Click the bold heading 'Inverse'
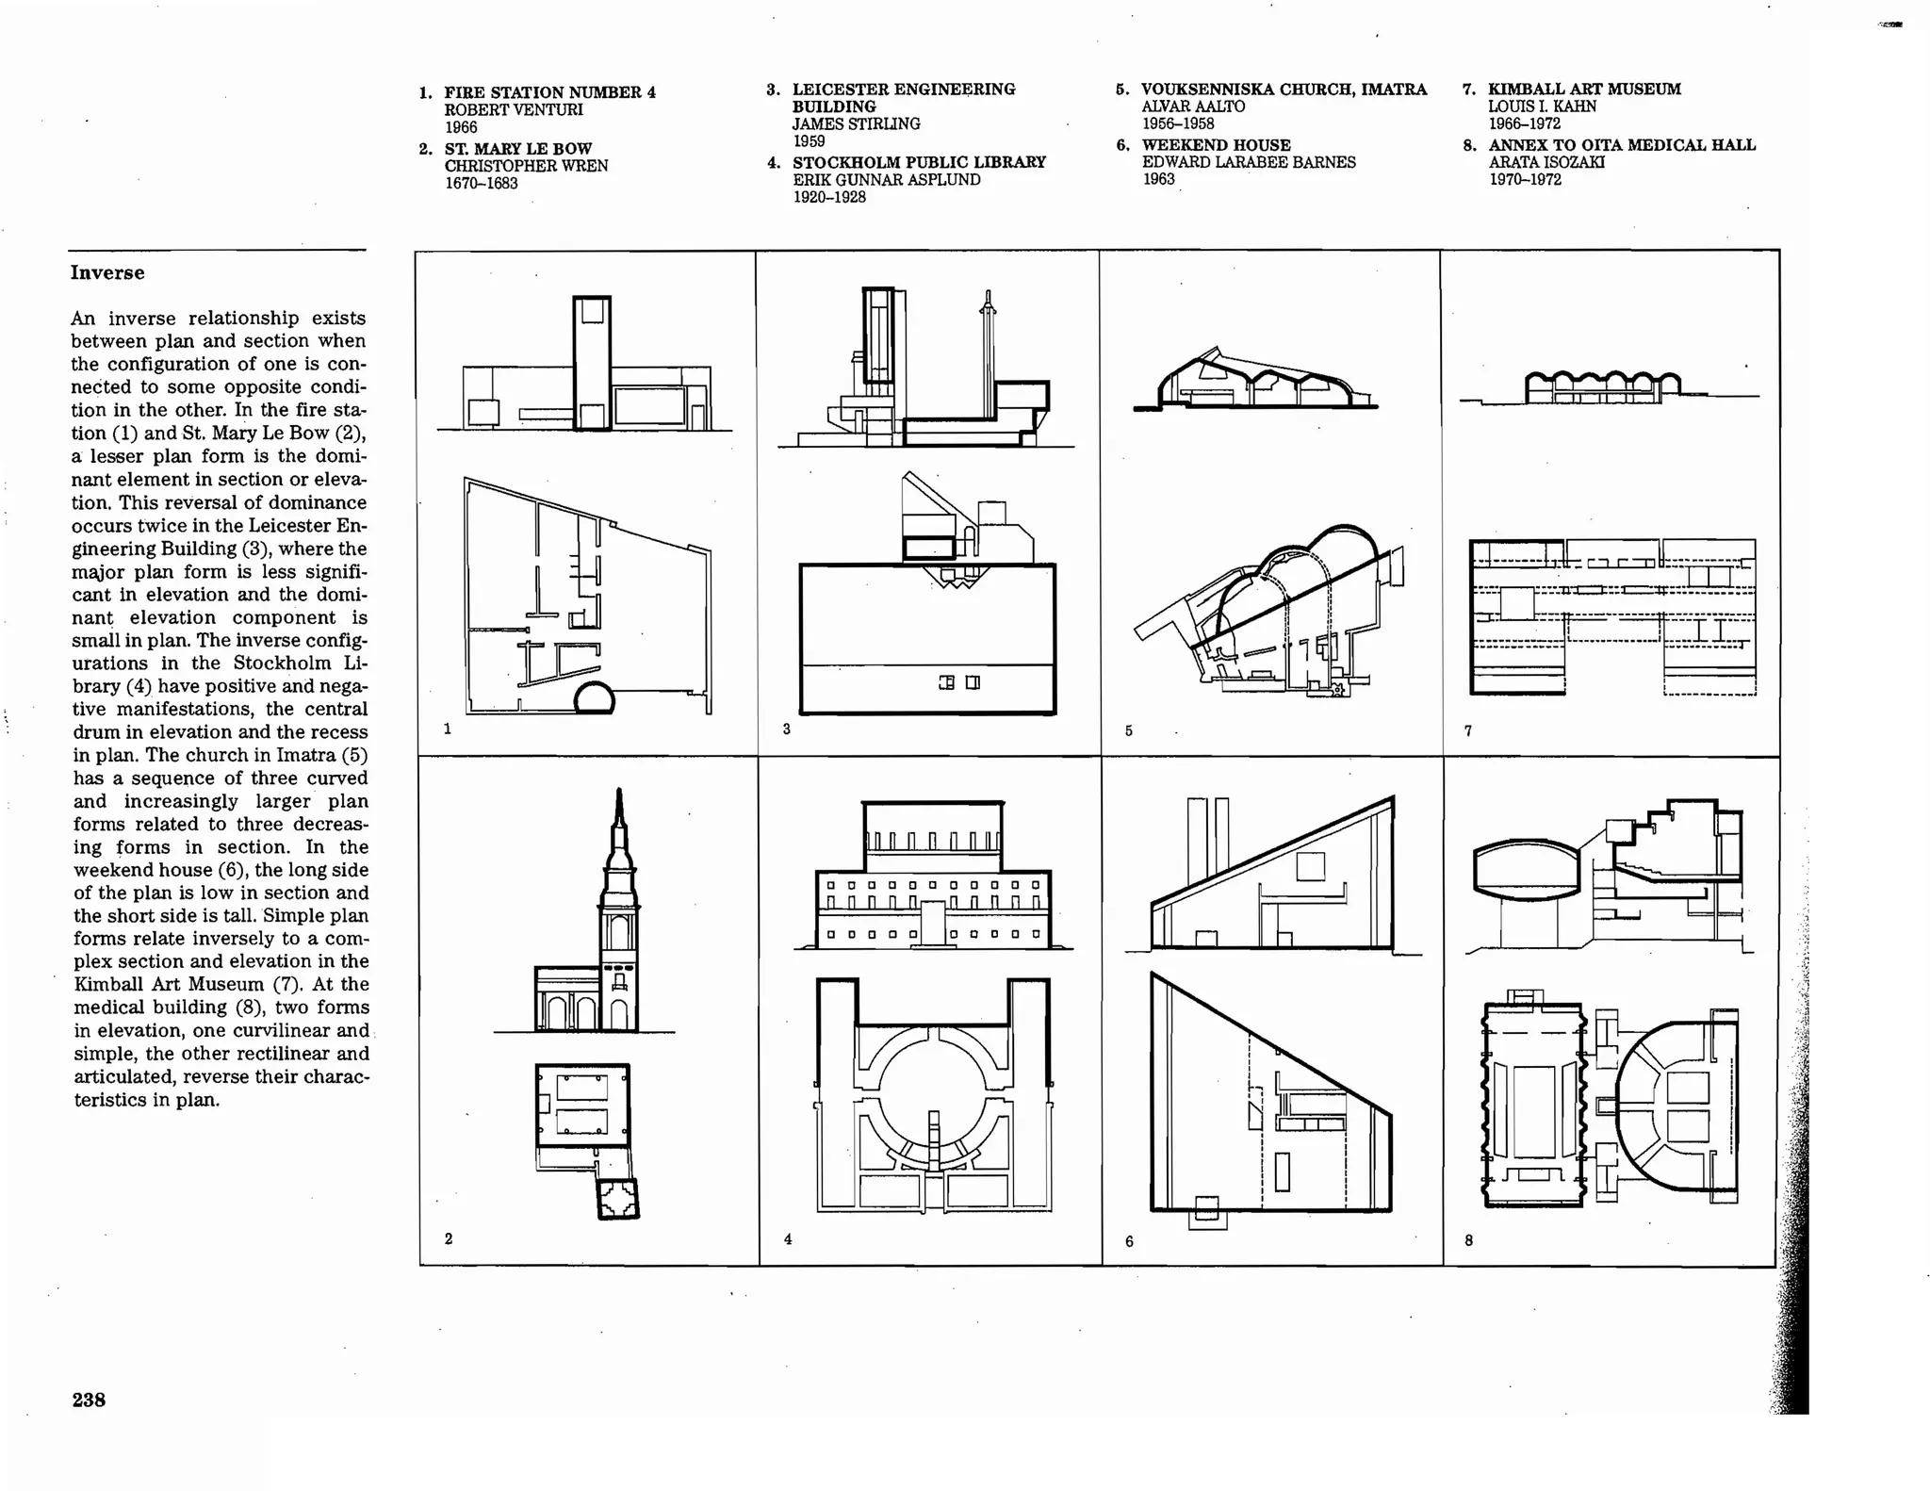point(107,273)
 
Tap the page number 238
point(89,1400)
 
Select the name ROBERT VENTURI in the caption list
point(514,110)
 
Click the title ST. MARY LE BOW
point(518,149)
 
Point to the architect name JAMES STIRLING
point(856,124)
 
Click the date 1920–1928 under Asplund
point(829,198)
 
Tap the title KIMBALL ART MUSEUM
point(1584,90)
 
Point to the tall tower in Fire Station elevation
point(592,363)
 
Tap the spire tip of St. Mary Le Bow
point(619,796)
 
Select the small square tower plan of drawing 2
point(618,1199)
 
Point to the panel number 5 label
point(1128,730)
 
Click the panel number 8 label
point(1468,1240)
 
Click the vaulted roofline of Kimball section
point(1602,380)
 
